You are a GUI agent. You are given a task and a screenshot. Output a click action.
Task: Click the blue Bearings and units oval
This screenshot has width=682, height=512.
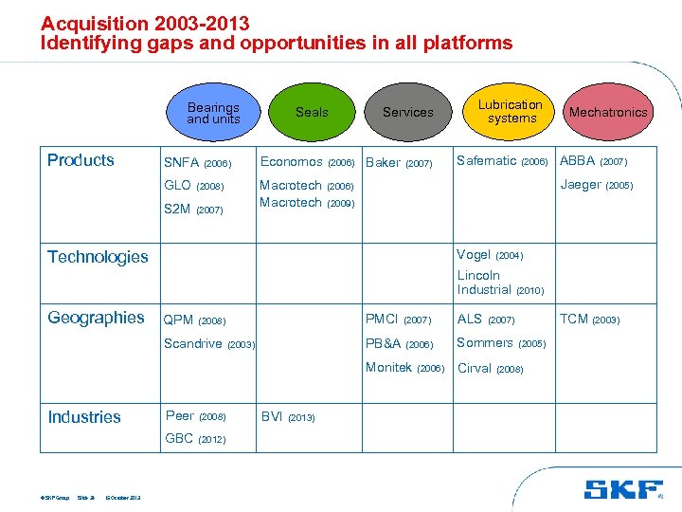click(x=213, y=113)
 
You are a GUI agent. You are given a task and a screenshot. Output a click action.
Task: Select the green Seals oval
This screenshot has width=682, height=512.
click(x=311, y=112)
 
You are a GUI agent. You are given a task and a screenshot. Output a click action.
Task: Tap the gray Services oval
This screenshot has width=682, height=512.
click(x=407, y=112)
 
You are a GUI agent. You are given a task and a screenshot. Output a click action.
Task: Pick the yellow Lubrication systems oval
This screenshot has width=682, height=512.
click(x=510, y=112)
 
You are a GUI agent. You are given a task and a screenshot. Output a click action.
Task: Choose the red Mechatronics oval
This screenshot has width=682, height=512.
click(x=607, y=112)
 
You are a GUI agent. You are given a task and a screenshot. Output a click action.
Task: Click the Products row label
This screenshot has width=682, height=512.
click(x=81, y=160)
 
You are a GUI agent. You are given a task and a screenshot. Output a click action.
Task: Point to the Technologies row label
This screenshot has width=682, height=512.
click(x=98, y=257)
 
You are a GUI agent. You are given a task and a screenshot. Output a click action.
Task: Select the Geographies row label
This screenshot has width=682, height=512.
click(x=96, y=318)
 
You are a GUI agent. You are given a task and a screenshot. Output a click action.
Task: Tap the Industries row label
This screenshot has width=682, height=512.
click(x=84, y=416)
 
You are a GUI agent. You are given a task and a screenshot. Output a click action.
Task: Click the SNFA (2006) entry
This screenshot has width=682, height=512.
click(x=197, y=162)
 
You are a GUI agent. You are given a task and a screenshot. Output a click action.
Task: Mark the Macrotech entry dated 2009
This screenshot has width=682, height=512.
click(x=307, y=202)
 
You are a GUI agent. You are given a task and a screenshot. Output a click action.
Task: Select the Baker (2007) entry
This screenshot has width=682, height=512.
click(x=398, y=162)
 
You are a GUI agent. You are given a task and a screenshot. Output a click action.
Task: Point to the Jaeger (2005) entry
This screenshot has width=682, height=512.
click(x=596, y=185)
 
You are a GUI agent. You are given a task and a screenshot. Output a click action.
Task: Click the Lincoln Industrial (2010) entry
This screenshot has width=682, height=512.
click(x=500, y=283)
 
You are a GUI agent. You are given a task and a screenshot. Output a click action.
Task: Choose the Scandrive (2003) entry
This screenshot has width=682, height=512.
click(x=209, y=343)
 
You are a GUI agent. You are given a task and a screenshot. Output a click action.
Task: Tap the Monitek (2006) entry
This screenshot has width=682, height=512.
click(x=404, y=368)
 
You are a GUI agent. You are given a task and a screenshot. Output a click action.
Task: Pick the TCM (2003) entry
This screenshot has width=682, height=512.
click(x=589, y=320)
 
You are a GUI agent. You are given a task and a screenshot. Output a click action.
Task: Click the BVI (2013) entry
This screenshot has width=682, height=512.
click(x=288, y=416)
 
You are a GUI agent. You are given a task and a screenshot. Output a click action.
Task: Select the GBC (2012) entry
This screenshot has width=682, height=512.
click(x=195, y=438)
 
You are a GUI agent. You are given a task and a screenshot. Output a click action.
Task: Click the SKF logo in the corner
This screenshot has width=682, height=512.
click(x=624, y=488)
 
